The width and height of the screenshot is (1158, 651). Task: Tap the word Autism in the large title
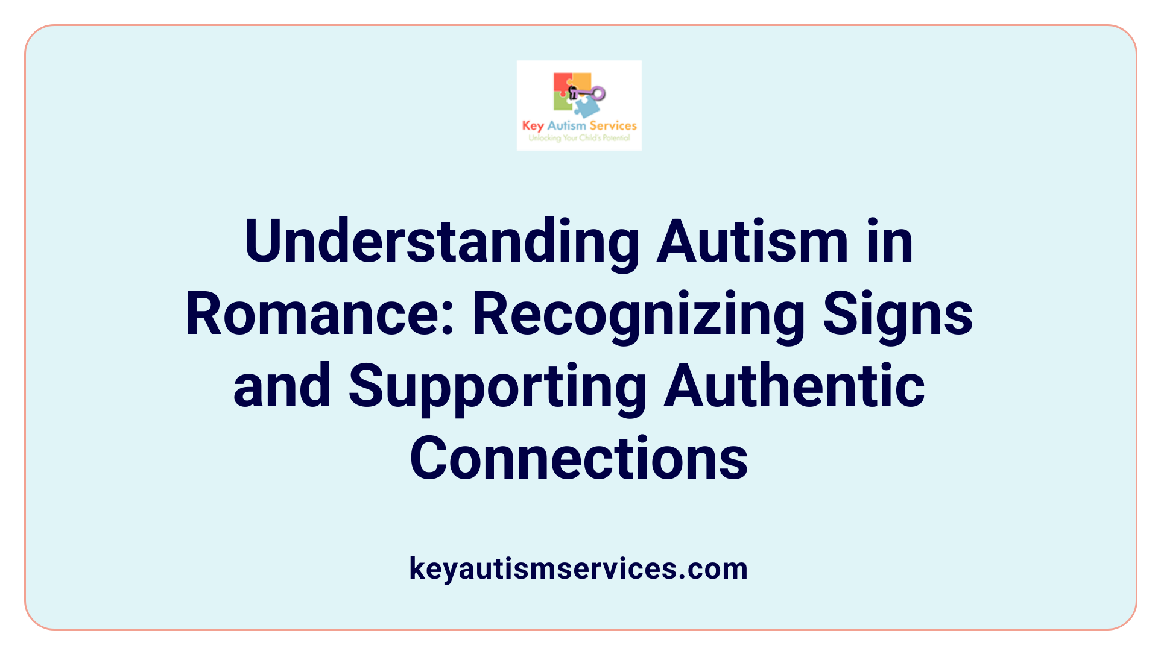(x=753, y=242)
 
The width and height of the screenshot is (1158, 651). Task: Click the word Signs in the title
(x=897, y=315)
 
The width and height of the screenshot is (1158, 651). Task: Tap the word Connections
(x=579, y=459)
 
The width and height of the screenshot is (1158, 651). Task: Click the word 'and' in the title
(x=282, y=386)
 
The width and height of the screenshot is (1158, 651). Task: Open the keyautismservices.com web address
(x=578, y=568)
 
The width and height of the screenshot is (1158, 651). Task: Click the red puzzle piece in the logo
(x=562, y=83)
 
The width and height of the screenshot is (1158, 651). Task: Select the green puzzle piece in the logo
(x=562, y=102)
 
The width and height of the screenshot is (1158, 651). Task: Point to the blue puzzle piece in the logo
(x=586, y=107)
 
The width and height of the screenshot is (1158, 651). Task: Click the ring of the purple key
(x=598, y=93)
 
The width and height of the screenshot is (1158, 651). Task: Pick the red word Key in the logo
(x=533, y=126)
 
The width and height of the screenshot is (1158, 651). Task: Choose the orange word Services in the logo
(x=613, y=125)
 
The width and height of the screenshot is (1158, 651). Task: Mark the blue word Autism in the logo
(x=566, y=125)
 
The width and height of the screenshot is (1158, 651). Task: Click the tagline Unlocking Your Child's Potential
(x=579, y=138)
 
